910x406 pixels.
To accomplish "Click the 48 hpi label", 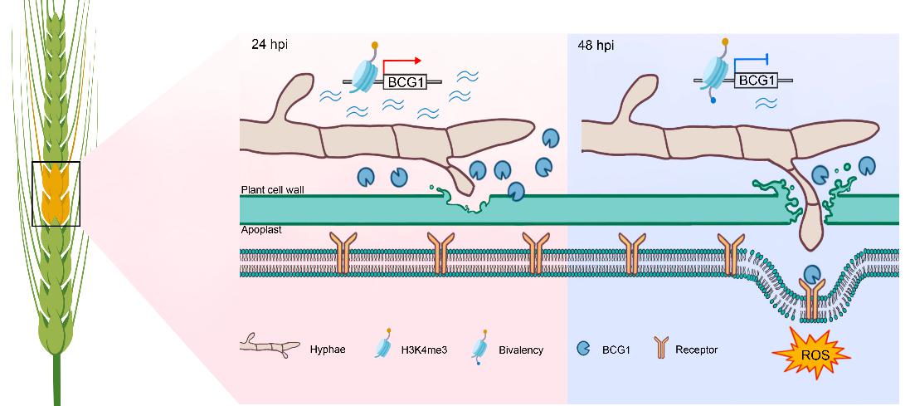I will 595,43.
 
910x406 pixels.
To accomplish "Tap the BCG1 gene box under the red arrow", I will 406,81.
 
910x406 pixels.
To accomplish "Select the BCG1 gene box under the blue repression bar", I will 757,81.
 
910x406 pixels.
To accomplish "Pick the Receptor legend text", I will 697,350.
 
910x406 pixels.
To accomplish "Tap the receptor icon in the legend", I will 660,350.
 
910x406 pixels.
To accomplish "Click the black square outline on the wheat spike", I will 56,194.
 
